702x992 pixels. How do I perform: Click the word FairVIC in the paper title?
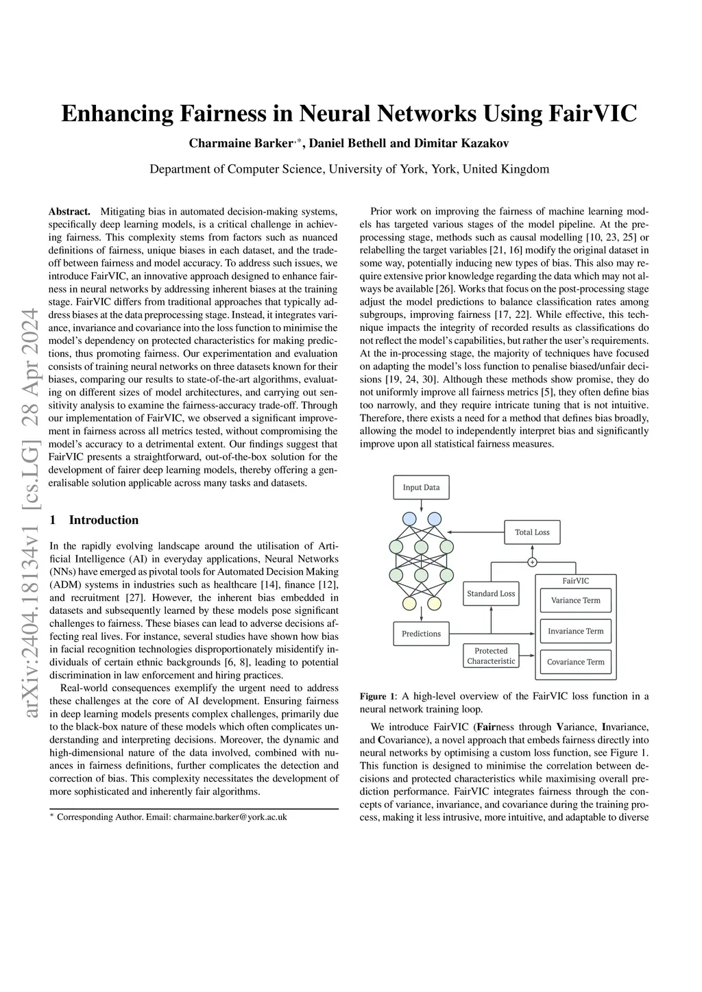click(x=593, y=113)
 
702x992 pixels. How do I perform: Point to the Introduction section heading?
click(x=104, y=520)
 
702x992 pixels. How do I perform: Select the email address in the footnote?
click(x=230, y=817)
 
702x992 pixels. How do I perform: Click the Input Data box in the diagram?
click(x=421, y=487)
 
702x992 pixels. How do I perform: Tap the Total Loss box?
click(x=532, y=532)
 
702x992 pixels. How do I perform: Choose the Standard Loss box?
click(x=491, y=593)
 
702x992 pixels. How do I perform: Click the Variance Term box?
click(x=576, y=600)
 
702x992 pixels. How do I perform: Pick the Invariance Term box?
click(x=576, y=631)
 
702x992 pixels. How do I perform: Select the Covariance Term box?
click(x=576, y=662)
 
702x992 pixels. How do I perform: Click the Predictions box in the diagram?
click(x=421, y=634)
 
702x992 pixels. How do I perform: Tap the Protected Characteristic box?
click(x=491, y=656)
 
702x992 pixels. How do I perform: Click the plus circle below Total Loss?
click(x=532, y=562)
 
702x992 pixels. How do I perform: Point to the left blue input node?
click(x=409, y=519)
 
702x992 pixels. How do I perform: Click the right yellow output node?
click(x=435, y=604)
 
